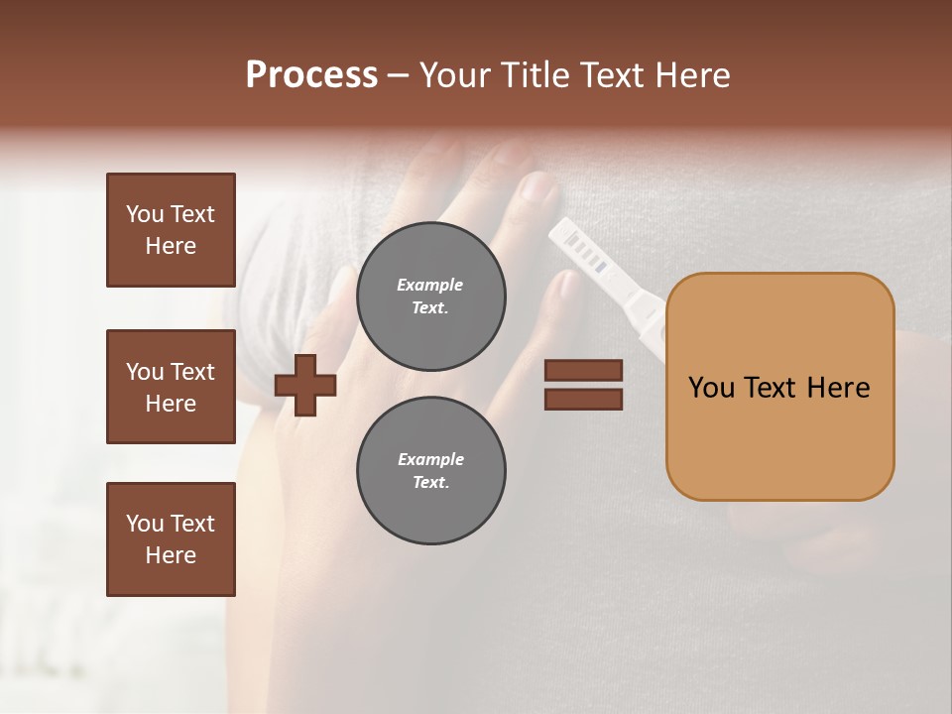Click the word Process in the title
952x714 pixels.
[x=311, y=75]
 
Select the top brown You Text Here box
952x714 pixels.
[x=171, y=230]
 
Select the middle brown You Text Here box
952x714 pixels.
[x=171, y=387]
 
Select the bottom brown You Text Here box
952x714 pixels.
[x=171, y=539]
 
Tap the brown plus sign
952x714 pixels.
[x=305, y=385]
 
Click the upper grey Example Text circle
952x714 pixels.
[x=430, y=296]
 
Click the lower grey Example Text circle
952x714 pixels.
[x=430, y=470]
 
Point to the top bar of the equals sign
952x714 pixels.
[x=583, y=371]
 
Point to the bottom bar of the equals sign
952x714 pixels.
[x=583, y=399]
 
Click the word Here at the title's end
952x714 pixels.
[x=693, y=75]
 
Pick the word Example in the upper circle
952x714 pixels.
[x=429, y=285]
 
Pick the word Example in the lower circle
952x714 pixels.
[x=430, y=459]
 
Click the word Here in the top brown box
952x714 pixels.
[x=171, y=246]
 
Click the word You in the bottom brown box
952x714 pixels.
[x=144, y=524]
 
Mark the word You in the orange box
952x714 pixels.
[x=711, y=388]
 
